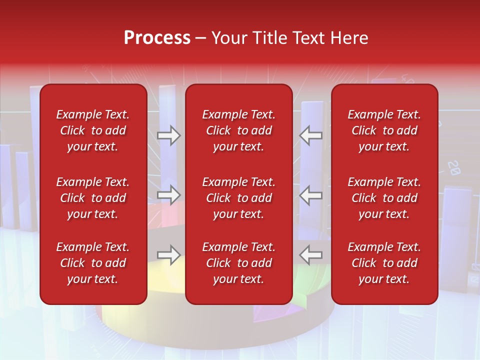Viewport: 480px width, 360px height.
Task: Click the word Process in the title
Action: pyautogui.click(x=157, y=38)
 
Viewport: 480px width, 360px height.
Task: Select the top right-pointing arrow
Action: pyautogui.click(x=168, y=135)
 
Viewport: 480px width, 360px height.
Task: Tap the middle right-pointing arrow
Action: pyautogui.click(x=168, y=195)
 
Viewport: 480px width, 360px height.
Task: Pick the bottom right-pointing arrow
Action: pyautogui.click(x=168, y=255)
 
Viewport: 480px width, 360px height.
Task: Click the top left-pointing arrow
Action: pyautogui.click(x=311, y=135)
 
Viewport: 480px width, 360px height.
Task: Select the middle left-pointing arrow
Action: pyautogui.click(x=311, y=195)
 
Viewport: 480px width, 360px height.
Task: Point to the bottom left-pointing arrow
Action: pyautogui.click(x=311, y=255)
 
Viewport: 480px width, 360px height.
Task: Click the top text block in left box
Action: pyautogui.click(x=93, y=130)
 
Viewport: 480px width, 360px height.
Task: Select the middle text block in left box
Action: pyautogui.click(x=93, y=198)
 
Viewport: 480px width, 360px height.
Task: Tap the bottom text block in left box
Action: pyautogui.click(x=93, y=263)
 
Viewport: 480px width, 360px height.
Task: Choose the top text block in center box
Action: pyautogui.click(x=239, y=130)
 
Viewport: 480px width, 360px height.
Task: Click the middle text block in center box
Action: pyautogui.click(x=239, y=198)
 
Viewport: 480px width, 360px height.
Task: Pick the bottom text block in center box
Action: pyautogui.click(x=239, y=263)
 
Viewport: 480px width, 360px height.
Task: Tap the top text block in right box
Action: pyautogui.click(x=384, y=130)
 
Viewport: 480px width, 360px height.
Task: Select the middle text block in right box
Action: pyautogui.click(x=384, y=198)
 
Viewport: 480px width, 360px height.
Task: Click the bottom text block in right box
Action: pyautogui.click(x=384, y=263)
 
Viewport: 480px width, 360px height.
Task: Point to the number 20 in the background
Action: pyautogui.click(x=453, y=167)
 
